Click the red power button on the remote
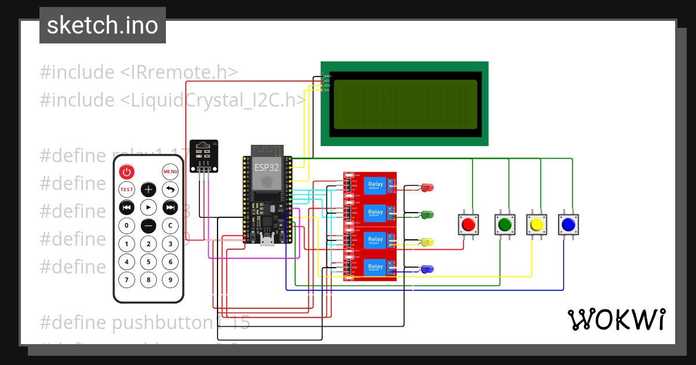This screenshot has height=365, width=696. coord(127,171)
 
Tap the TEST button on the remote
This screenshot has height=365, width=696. coord(127,189)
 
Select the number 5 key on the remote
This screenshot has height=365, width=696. coord(148,262)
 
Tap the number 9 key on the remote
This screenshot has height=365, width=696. coord(170,280)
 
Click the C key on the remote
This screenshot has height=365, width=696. coord(170,225)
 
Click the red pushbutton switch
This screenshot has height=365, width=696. coord(469,224)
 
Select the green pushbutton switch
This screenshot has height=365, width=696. coord(505,224)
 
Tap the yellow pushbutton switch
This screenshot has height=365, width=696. coord(536,224)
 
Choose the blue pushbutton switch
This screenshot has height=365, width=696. coord(568,224)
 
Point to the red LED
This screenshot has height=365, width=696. coord(427,187)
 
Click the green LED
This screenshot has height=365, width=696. coord(427,214)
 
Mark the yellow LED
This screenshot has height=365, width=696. coord(427,242)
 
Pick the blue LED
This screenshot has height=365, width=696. coord(427,269)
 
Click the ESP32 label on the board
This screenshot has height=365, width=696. coord(266,167)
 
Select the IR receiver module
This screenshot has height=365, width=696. coord(204,155)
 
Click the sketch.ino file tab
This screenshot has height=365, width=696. coord(103,25)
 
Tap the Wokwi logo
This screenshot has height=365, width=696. coord(616,319)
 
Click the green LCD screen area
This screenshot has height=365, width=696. coord(405,104)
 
